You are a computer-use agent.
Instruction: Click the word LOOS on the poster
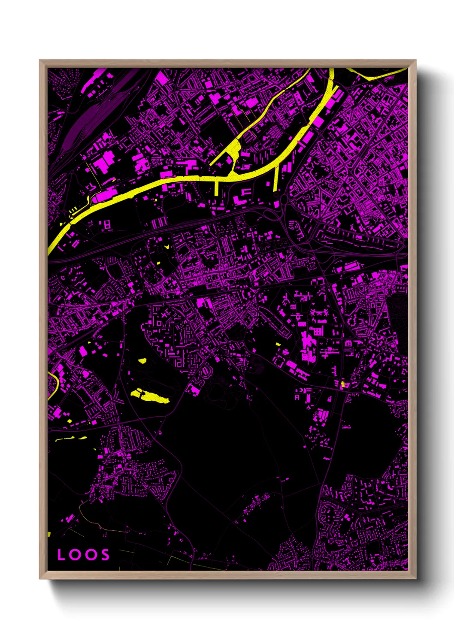tap(84, 555)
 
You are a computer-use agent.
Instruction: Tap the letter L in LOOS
tap(61, 555)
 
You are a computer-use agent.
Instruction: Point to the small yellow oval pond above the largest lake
tap(142, 361)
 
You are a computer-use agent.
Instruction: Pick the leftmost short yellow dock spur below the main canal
tap(216, 187)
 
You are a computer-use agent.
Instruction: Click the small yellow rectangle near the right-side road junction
tap(342, 384)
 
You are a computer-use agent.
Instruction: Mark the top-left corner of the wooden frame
tap(40, 60)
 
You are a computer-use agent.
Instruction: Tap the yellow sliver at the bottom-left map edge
tap(49, 534)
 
